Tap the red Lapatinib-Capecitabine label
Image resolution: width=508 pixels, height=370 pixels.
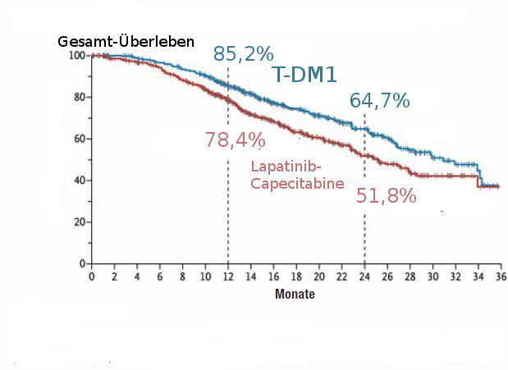[x=296, y=176]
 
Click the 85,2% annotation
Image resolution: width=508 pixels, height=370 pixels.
[x=243, y=54]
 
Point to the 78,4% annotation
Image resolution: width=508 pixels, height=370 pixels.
[x=235, y=139]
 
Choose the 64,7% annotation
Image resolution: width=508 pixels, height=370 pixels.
[x=379, y=101]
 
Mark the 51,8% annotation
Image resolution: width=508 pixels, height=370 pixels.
[x=386, y=196]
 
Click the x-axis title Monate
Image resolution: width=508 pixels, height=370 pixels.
[x=295, y=294]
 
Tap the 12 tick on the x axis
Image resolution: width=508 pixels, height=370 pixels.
[x=227, y=276]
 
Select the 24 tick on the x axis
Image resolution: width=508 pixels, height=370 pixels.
[x=364, y=276]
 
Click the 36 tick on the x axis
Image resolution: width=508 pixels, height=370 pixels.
[x=499, y=276]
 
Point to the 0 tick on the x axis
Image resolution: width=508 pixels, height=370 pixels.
[x=92, y=276]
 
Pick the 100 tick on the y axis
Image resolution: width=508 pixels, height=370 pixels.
[x=77, y=56]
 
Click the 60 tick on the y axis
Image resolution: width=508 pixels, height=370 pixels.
[x=80, y=139]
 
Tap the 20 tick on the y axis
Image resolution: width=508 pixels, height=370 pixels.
[x=80, y=222]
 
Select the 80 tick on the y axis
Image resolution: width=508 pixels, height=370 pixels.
[x=80, y=98]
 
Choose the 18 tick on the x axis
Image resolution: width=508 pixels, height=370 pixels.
[x=295, y=276]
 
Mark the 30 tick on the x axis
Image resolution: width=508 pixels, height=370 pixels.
[x=432, y=276]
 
